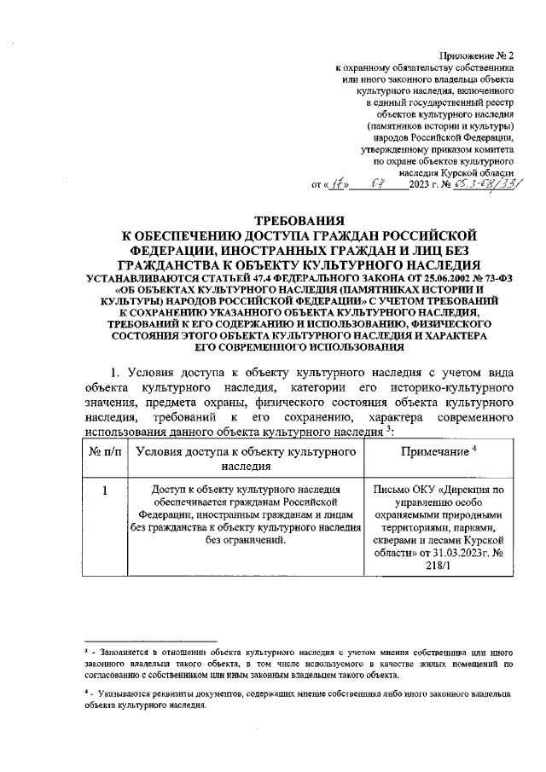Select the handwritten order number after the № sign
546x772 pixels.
[x=488, y=182]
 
